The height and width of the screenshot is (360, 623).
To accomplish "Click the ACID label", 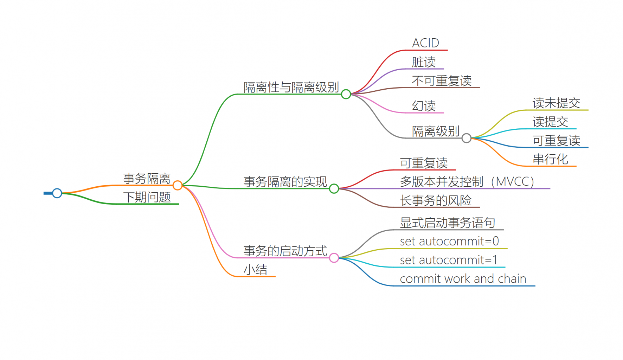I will coord(425,43).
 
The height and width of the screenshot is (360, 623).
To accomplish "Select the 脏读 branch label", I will coord(424,62).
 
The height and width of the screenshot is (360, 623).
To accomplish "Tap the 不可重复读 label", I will coord(442,81).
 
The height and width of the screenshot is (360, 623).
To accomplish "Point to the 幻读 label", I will coord(424,106).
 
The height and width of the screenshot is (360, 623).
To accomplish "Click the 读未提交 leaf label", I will coord(556,103).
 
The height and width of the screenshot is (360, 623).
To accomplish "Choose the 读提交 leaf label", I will coord(550,122).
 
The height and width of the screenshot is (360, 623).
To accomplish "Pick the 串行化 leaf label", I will coord(550,159).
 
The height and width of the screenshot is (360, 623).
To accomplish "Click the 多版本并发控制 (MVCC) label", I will coord(467,181).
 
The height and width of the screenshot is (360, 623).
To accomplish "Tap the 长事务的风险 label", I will coord(436,200).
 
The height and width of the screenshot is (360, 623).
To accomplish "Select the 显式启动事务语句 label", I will coord(448,223).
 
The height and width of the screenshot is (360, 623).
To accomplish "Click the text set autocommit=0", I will coord(449,241).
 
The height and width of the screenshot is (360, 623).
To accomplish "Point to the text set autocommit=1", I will coord(449,260).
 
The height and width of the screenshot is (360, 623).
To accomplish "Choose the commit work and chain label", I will coord(463,279).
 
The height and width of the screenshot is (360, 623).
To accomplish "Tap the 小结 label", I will coord(256,270).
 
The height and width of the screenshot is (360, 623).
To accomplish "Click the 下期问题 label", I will coord(147,197).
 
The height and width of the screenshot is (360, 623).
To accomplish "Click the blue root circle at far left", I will coord(57,193).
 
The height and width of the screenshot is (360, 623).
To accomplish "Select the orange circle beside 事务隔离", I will coord(178,185).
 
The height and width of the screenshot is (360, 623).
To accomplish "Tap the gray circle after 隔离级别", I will coord(467,138).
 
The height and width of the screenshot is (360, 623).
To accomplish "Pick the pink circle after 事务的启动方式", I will coord(334,258).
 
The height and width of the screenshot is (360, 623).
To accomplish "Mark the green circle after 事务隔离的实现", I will coord(334,189).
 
